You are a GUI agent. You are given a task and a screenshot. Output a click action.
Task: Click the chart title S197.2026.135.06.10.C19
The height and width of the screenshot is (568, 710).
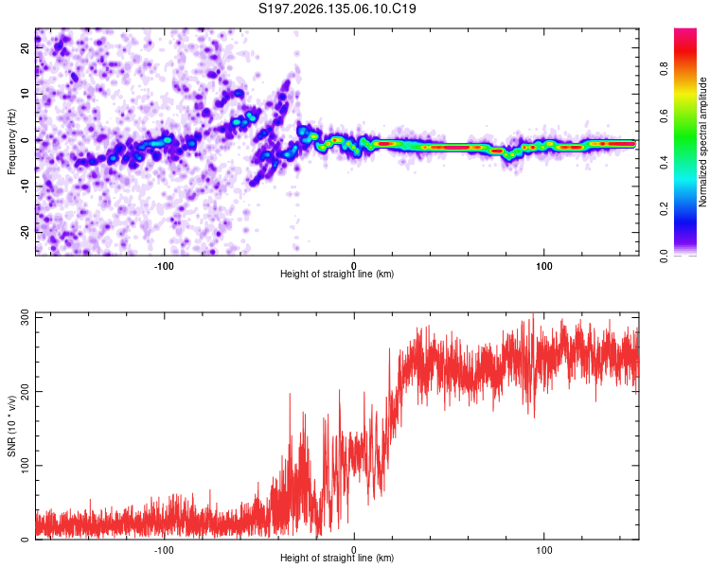coord(337,9)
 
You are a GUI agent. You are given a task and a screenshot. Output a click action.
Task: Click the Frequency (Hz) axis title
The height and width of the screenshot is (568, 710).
coord(11,142)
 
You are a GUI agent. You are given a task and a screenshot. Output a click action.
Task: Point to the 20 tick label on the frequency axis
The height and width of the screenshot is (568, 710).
coord(26,48)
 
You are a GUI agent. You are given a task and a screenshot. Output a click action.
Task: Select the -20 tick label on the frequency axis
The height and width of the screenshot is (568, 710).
coord(26,233)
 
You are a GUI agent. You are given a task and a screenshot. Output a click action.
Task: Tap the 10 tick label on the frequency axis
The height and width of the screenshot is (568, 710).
coord(26,94)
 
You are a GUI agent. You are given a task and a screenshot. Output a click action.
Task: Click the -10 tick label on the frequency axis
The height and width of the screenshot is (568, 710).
coord(26,186)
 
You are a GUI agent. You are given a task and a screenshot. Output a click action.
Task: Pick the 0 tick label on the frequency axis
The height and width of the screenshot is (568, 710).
coord(26,140)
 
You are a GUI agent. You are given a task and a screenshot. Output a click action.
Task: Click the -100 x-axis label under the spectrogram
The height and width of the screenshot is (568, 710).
coord(164,266)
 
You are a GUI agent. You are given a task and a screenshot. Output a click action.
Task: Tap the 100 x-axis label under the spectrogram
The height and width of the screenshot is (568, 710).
coord(543,266)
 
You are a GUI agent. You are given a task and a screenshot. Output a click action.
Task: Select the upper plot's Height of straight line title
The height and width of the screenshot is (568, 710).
coord(337,274)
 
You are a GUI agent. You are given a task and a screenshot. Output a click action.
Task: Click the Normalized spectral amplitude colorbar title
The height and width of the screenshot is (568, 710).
coord(702,142)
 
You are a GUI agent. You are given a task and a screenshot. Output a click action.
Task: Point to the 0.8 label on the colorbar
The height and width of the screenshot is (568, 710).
coord(664,69)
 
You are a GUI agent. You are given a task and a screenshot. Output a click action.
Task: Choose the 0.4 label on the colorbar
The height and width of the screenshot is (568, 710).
coord(664,163)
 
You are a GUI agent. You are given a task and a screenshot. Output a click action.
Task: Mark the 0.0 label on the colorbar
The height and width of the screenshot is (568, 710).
coord(664,256)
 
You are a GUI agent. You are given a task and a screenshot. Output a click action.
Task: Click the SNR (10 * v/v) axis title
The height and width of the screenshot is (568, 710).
coord(11,426)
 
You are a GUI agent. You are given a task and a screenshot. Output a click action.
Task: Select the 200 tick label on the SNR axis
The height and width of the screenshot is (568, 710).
coord(26,391)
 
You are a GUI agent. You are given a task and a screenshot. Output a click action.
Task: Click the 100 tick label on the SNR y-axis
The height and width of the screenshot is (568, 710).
coord(26,465)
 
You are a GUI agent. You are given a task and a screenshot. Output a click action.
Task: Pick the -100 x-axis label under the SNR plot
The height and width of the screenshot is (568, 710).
coord(164,550)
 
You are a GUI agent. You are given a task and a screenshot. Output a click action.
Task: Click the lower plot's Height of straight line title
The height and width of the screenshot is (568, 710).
coord(337,558)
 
